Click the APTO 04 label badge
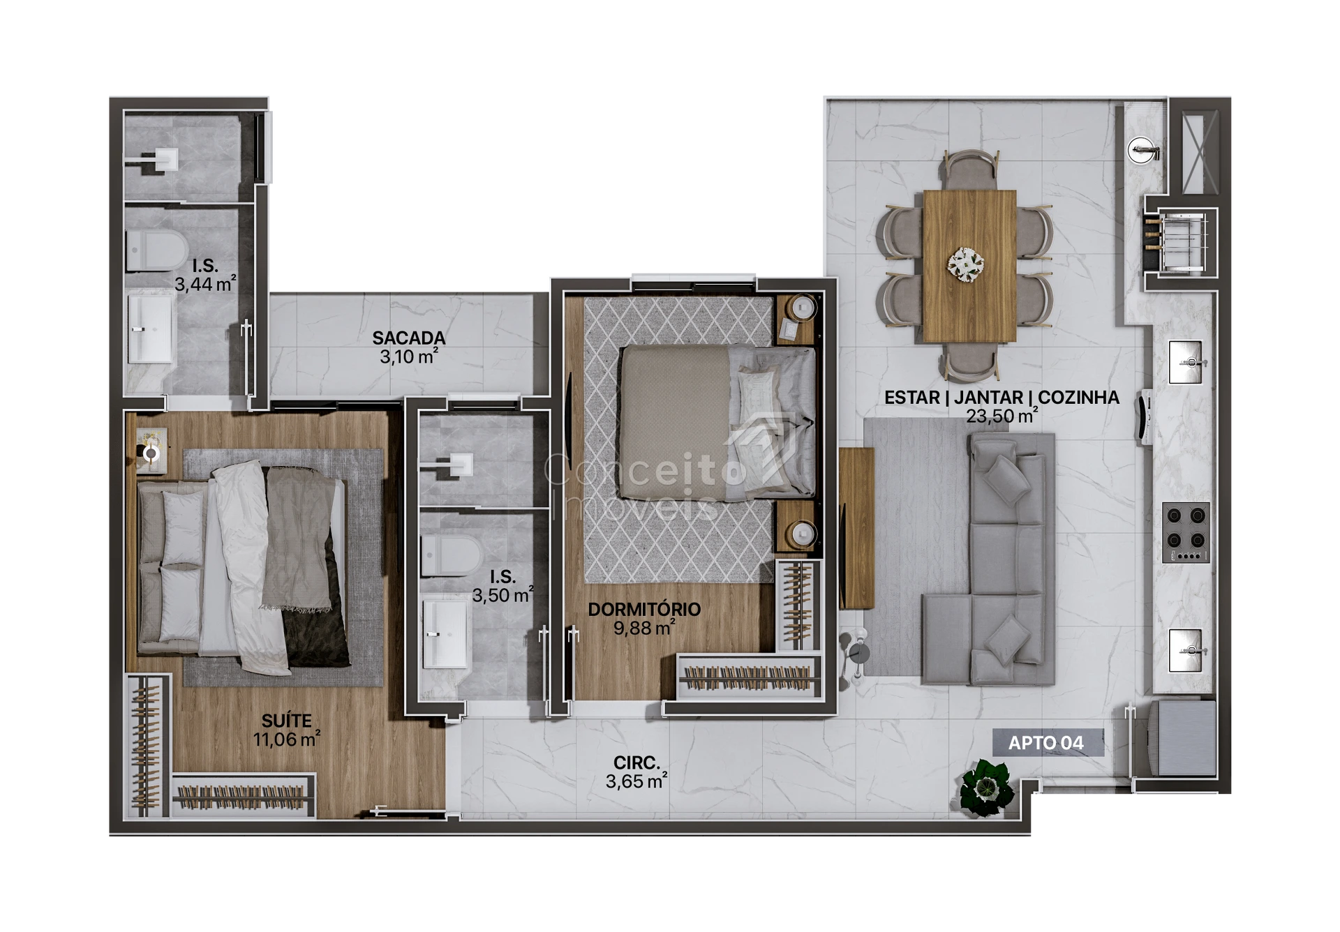[1048, 743]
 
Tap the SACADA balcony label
[409, 338]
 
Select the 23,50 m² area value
[1002, 416]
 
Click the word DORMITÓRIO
[644, 609]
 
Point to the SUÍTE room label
[286, 721]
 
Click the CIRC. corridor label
[636, 763]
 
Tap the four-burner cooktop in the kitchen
[1186, 532]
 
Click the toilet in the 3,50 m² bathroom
[452, 555]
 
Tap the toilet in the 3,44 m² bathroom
[157, 250]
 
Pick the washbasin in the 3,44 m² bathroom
[150, 329]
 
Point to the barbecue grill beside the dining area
[1181, 242]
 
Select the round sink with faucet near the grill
[1142, 150]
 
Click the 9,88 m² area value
[644, 628]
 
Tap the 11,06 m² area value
[286, 739]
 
